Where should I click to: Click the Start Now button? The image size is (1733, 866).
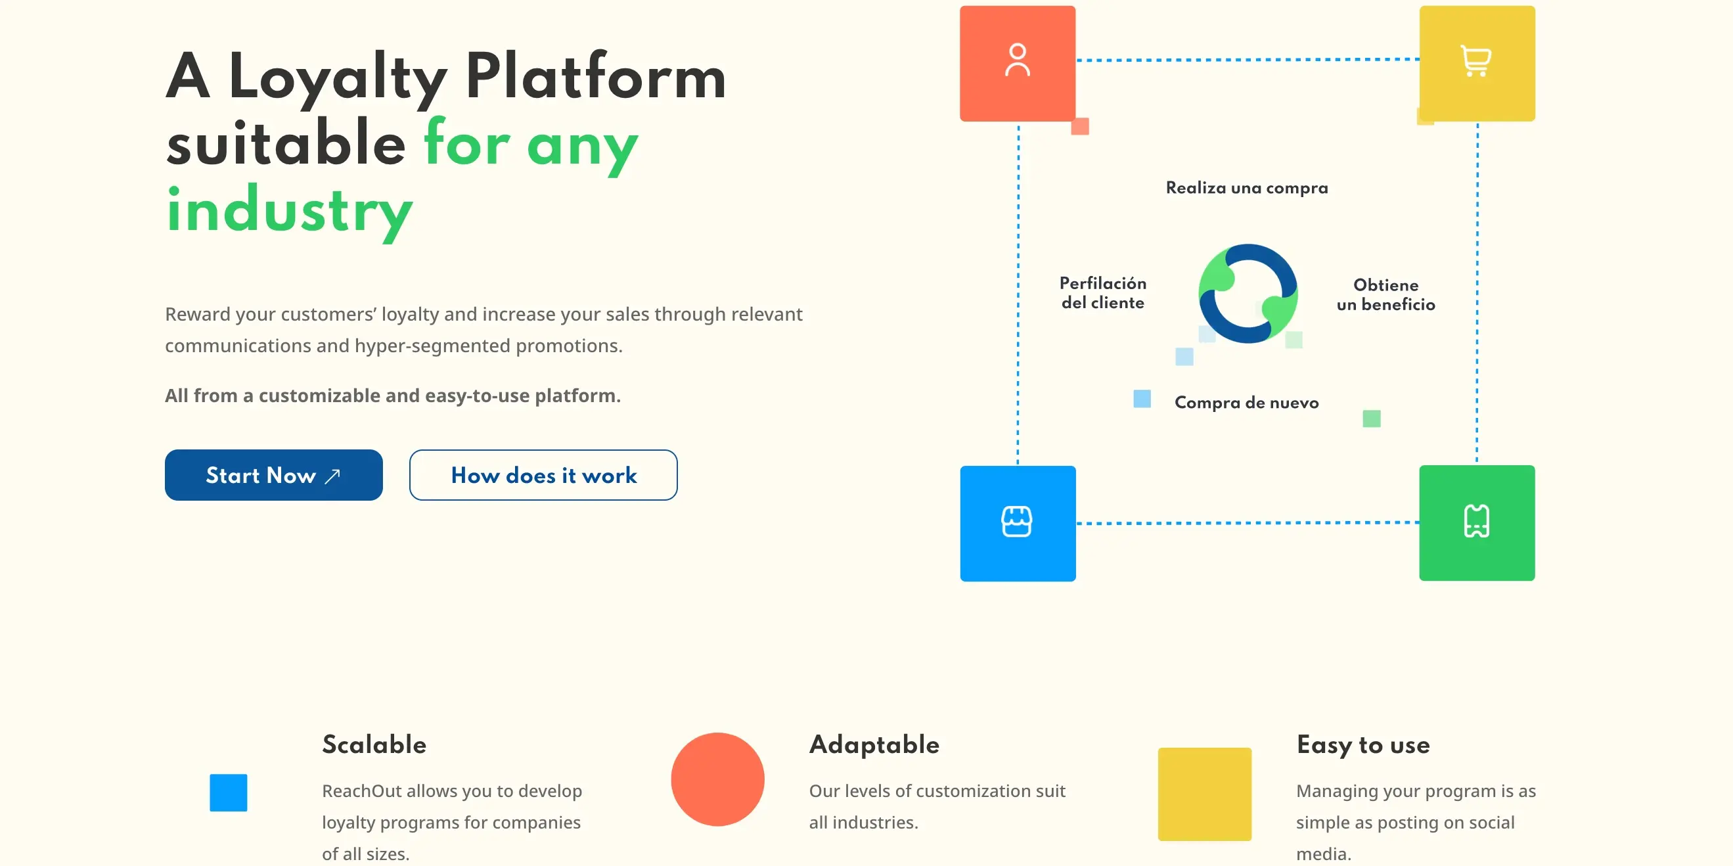(x=273, y=475)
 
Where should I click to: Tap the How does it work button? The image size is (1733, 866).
(x=543, y=475)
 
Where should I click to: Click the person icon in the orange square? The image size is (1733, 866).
(x=1017, y=60)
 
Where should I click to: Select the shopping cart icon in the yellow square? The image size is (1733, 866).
(x=1476, y=61)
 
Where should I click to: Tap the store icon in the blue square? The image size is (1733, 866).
(x=1016, y=522)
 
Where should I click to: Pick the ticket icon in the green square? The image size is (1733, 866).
(x=1476, y=522)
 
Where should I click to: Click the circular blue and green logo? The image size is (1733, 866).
(x=1248, y=294)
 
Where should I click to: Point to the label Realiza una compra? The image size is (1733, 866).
(x=1247, y=188)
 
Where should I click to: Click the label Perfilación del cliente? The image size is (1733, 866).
(x=1102, y=292)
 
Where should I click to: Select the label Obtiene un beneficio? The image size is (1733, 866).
(x=1386, y=295)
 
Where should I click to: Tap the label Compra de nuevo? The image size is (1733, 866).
(x=1246, y=402)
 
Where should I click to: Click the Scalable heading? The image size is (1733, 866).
(x=374, y=744)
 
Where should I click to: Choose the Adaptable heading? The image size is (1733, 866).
(x=874, y=744)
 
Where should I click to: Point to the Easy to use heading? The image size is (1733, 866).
(x=1363, y=744)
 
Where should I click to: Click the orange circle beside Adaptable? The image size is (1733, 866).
(x=717, y=779)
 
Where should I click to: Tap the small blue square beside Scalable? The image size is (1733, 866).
(x=228, y=792)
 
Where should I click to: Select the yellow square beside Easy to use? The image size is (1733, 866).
(x=1204, y=794)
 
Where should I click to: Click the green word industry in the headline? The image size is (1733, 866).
(x=289, y=210)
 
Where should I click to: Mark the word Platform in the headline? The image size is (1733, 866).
(x=595, y=77)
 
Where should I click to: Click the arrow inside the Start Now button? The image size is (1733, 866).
(x=332, y=476)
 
